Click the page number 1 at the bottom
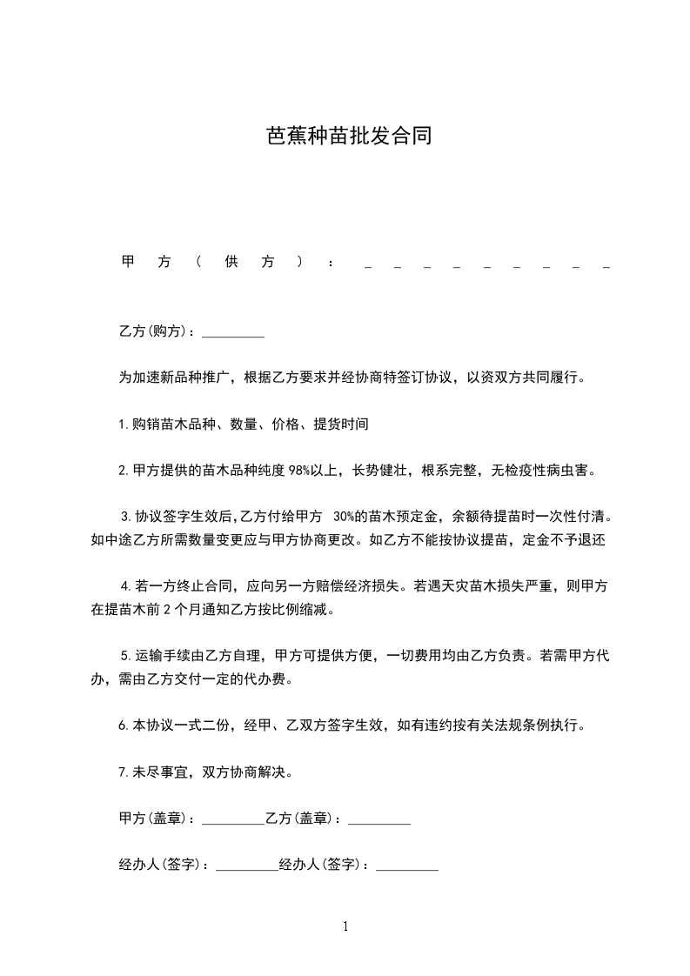[x=345, y=927]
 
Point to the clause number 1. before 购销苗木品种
[x=124, y=425]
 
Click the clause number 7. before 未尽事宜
[x=124, y=772]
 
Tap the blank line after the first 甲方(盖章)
[x=232, y=819]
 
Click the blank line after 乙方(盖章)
[x=378, y=819]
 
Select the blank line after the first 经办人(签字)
[x=246, y=866]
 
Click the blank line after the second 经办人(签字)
[x=406, y=866]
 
